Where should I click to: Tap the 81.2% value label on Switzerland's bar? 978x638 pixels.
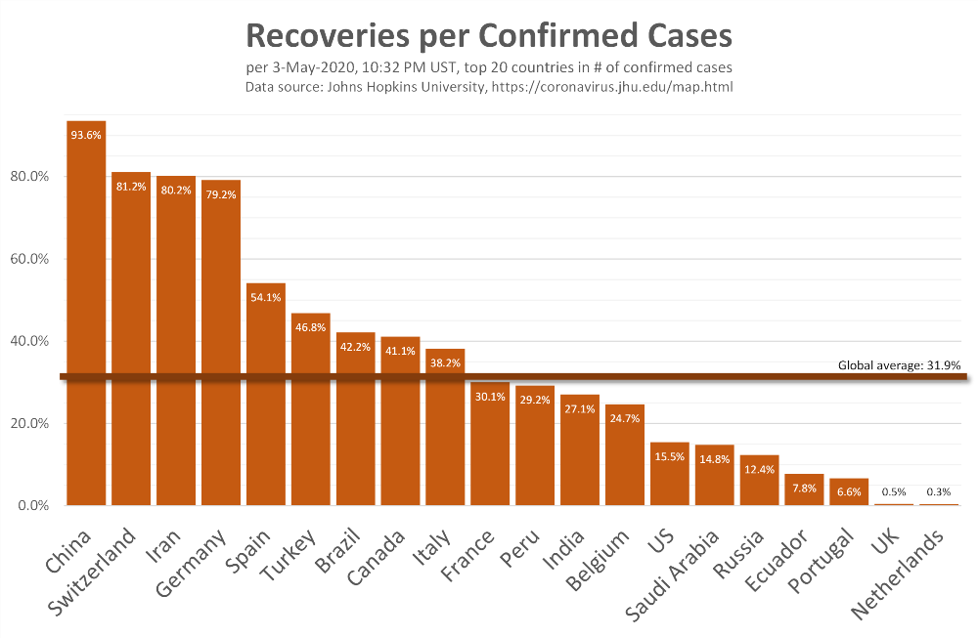(131, 187)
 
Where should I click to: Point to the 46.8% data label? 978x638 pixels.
(311, 329)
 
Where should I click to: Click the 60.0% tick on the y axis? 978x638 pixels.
(29, 259)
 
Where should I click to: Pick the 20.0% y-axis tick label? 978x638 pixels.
(29, 423)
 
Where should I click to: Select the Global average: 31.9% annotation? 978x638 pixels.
(899, 365)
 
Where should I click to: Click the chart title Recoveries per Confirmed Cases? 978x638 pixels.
(488, 36)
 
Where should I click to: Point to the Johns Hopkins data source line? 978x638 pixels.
(488, 87)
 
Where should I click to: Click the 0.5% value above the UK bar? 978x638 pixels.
(894, 492)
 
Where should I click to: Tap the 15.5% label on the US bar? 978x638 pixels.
(669, 457)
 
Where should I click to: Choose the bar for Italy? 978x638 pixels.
(445, 430)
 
